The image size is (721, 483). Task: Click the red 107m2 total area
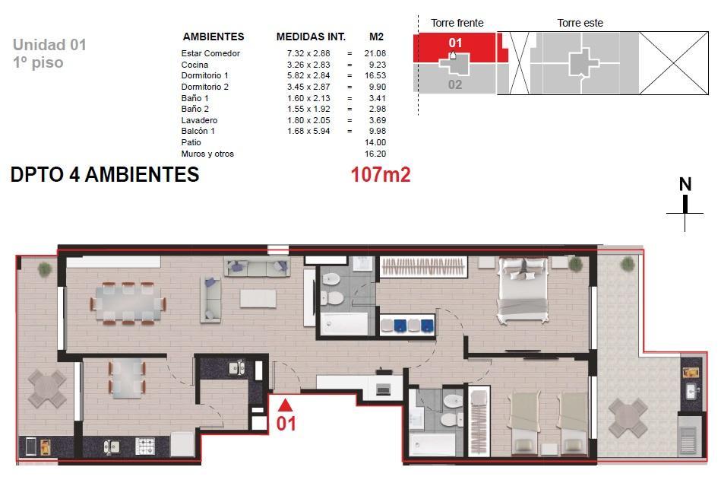coord(381,174)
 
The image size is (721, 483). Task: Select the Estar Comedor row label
coord(210,53)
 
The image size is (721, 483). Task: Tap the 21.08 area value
coord(375,53)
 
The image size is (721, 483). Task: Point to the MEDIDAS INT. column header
coord(311,37)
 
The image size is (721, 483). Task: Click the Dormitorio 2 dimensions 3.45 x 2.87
coord(308,87)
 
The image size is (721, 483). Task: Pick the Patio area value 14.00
coord(375,142)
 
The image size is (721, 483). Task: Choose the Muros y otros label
coord(207,154)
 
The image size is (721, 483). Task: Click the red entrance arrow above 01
coord(285,405)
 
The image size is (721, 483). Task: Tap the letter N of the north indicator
coord(685,184)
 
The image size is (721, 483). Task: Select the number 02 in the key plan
coord(455,84)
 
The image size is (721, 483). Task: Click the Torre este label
coord(580,23)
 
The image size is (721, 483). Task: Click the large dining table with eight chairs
coord(128,303)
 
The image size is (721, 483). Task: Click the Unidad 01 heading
coord(49,45)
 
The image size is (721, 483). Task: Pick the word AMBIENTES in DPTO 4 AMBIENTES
coord(142,175)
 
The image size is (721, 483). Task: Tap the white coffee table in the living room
coord(258,298)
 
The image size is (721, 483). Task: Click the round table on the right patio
coord(628,418)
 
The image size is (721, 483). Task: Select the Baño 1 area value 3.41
coord(377,98)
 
